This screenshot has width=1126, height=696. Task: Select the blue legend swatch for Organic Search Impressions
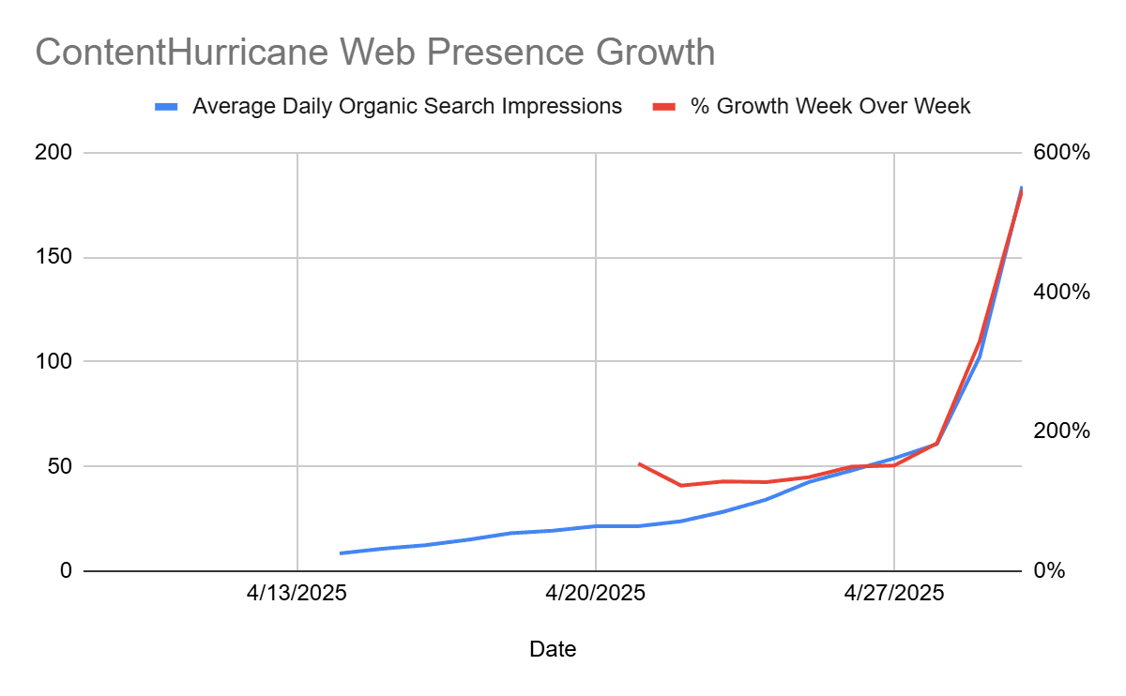coord(166,107)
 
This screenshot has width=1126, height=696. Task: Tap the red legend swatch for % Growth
coord(664,107)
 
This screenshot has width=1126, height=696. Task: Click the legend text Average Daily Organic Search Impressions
coord(406,106)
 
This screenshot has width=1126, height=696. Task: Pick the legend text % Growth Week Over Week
coord(830,106)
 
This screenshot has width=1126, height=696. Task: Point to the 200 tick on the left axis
coord(53,152)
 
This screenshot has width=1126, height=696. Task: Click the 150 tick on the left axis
coord(53,257)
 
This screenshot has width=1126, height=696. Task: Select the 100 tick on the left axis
coord(53,361)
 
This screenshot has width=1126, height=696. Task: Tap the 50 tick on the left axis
coord(59,466)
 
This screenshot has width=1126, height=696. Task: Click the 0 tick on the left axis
coord(65,570)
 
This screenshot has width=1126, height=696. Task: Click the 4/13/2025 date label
coord(297,594)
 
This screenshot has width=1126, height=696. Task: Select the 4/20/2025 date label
coord(595,594)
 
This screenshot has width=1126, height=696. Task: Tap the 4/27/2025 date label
coord(893,594)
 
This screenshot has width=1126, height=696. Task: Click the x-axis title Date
coord(553,649)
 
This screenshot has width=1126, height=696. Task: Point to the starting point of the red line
coord(639,463)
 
